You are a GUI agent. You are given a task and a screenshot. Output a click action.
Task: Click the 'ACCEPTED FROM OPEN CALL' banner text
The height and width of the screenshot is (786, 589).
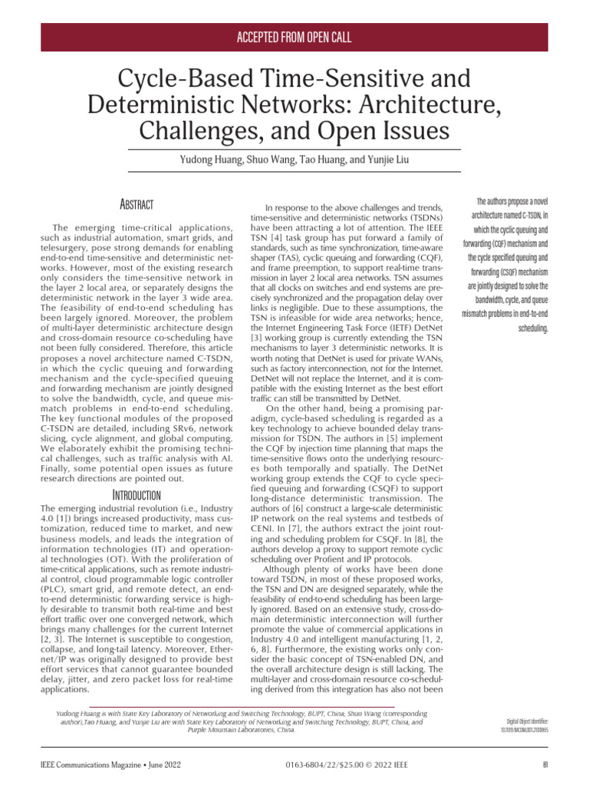pyautogui.click(x=294, y=38)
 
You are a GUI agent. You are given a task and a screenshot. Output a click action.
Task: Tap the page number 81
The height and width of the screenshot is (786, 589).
pyautogui.click(x=545, y=764)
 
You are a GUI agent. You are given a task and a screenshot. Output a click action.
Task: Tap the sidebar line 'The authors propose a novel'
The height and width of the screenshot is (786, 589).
pyautogui.click(x=507, y=202)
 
